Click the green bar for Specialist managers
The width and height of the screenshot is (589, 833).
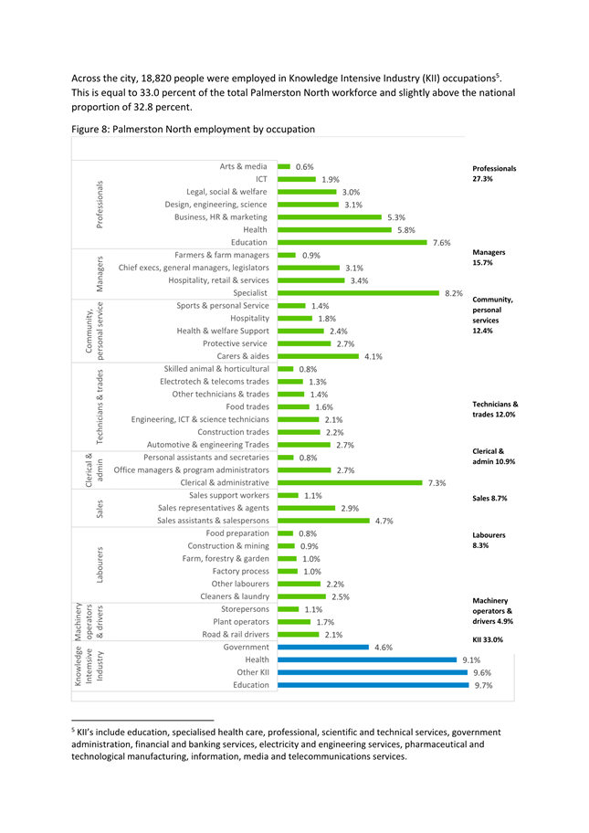pyautogui.click(x=359, y=293)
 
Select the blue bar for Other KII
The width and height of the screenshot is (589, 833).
pyautogui.click(x=373, y=672)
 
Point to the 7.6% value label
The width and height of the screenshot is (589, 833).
pyautogui.click(x=441, y=243)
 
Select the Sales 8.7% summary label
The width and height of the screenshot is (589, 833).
pyautogui.click(x=489, y=499)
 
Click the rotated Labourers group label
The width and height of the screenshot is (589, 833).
pyautogui.click(x=100, y=564)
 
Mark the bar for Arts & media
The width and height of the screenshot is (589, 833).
pyautogui.click(x=284, y=167)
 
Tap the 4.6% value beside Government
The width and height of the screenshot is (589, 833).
pyautogui.click(x=384, y=648)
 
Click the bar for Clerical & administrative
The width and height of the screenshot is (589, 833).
pyautogui.click(x=350, y=483)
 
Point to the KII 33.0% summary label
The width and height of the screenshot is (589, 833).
pyautogui.click(x=488, y=639)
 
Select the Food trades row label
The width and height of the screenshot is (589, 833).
pyautogui.click(x=247, y=407)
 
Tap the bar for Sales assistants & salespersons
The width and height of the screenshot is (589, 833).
pyautogui.click(x=323, y=521)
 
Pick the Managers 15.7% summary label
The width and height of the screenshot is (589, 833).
pyautogui.click(x=489, y=258)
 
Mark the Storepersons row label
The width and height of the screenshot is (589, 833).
pyautogui.click(x=246, y=609)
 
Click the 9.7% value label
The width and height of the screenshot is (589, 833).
pyautogui.click(x=483, y=686)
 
